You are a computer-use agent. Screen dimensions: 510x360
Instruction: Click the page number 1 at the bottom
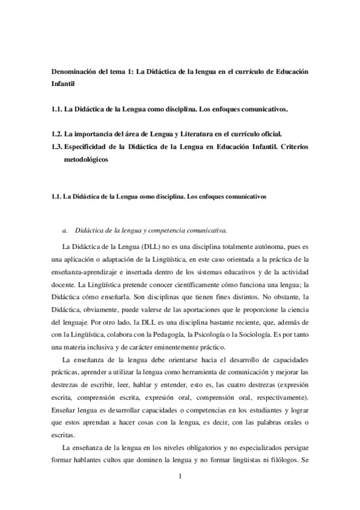coord(180,478)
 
